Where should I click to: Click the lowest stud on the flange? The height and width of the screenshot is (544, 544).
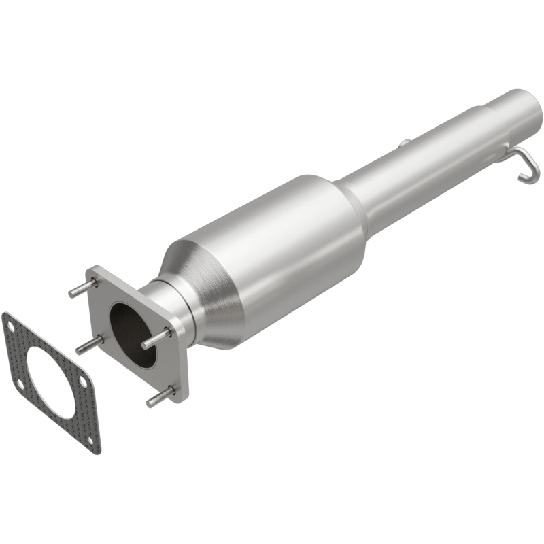click(160, 397)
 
